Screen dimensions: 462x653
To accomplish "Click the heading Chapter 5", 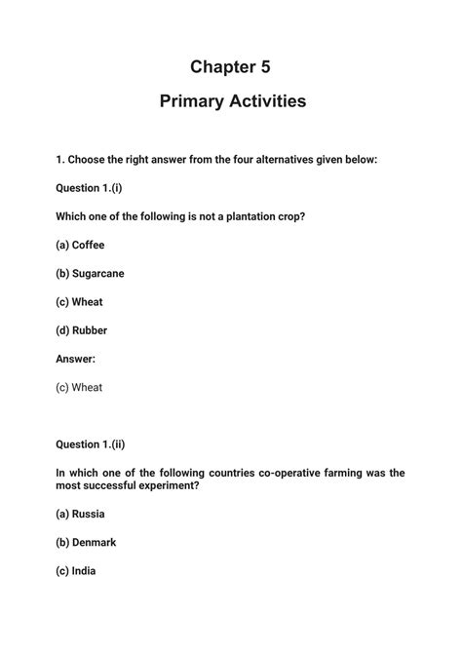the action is [x=230, y=66].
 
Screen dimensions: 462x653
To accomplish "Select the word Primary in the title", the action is [x=188, y=100].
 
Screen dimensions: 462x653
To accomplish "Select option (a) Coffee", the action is [x=80, y=245].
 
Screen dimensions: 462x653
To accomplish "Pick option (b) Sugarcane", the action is [x=90, y=273].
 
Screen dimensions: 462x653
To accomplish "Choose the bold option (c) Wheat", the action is [x=79, y=302].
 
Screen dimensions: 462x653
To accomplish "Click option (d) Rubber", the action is [x=81, y=330].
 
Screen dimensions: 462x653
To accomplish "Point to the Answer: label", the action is [x=76, y=359].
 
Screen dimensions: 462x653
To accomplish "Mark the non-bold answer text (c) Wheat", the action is [x=79, y=387].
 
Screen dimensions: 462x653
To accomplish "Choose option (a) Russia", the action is [x=80, y=514].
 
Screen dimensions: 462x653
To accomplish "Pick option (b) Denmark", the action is [x=87, y=542].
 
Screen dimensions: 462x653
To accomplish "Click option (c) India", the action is [x=76, y=571].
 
